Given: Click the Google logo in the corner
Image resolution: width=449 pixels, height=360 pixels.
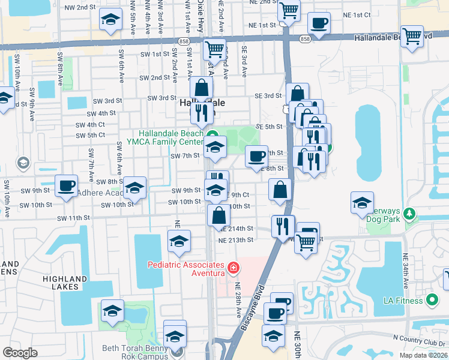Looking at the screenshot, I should click(x=20, y=353).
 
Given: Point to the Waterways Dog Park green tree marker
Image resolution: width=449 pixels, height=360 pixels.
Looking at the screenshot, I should click(x=410, y=214).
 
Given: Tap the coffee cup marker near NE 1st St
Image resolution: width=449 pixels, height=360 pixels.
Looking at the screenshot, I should click(x=319, y=23).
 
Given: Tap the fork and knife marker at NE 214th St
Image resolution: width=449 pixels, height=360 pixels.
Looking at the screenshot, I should click(x=283, y=226).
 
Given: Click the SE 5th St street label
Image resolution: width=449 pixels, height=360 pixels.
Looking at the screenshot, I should click(x=268, y=127).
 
